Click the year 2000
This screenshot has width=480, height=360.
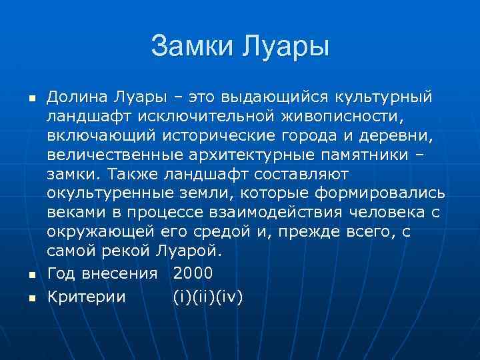click(193, 272)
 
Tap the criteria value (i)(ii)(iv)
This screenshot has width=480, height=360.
click(207, 297)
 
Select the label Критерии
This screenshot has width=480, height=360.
click(86, 297)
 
